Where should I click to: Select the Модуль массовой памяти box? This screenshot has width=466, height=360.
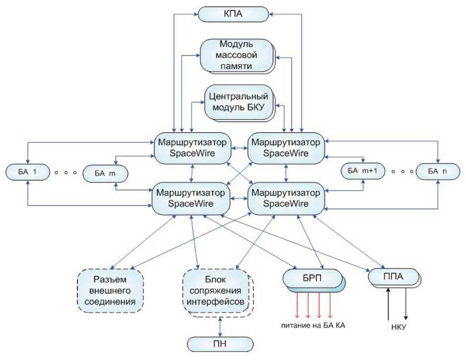pyautogui.click(x=237, y=54)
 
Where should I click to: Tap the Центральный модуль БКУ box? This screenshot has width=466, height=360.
pyautogui.click(x=239, y=102)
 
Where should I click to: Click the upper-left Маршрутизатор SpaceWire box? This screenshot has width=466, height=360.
pyautogui.click(x=192, y=148)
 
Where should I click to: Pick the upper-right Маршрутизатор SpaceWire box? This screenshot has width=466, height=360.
pyautogui.click(x=286, y=148)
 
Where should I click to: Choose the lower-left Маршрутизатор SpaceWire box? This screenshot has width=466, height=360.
pyautogui.click(x=192, y=198)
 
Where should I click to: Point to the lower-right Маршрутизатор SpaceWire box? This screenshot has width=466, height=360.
pyautogui.click(x=286, y=198)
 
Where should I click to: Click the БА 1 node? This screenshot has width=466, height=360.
pyautogui.click(x=26, y=172)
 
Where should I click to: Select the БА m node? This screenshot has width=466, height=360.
pyautogui.click(x=106, y=173)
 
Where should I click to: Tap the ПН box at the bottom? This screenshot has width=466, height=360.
pyautogui.click(x=219, y=345)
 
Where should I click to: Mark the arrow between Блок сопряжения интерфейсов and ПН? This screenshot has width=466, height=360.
pyautogui.click(x=219, y=327)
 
